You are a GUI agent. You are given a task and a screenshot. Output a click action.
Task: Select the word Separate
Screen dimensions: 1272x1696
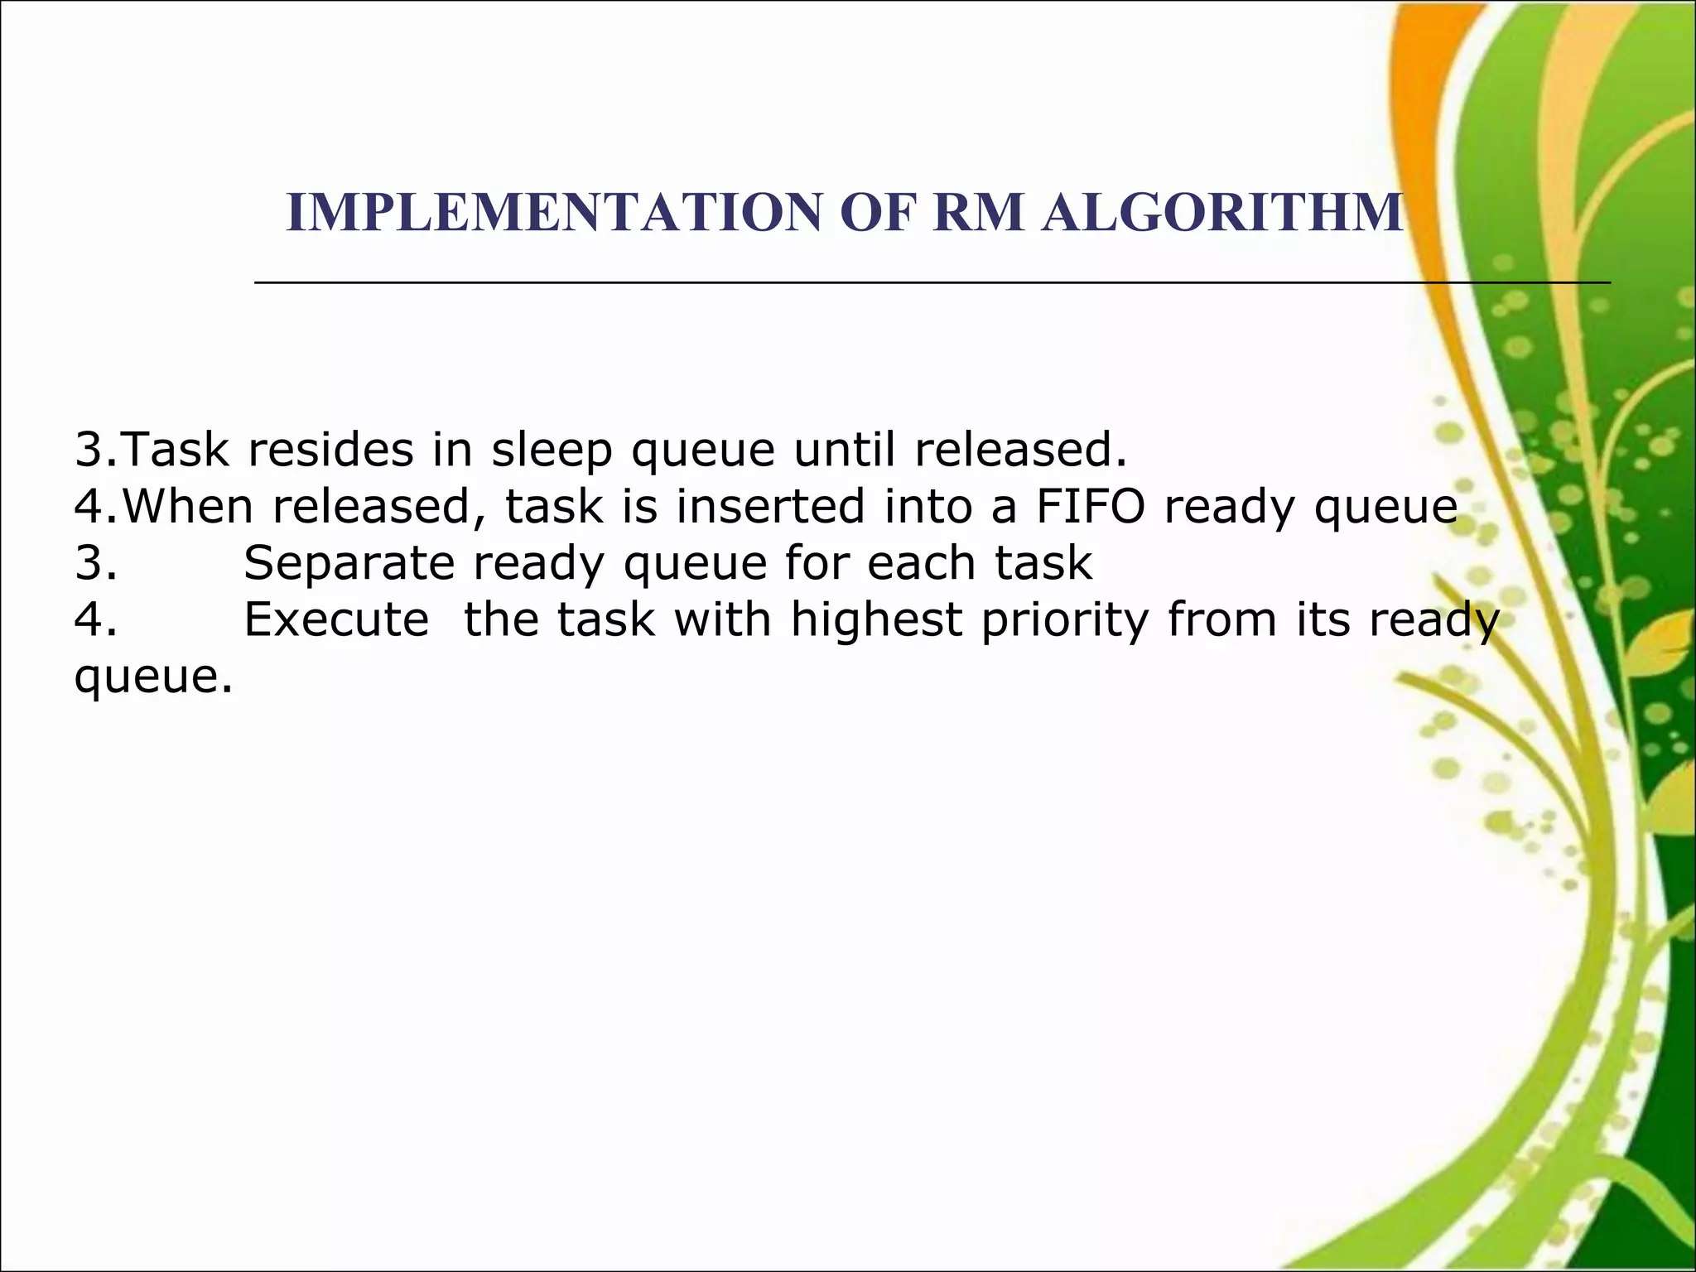(349, 564)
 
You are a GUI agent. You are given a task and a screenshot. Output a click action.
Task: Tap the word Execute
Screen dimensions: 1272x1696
(336, 619)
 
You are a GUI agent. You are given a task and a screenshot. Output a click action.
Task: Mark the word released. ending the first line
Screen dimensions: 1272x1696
(1020, 450)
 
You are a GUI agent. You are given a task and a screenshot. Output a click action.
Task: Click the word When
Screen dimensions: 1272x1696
(188, 507)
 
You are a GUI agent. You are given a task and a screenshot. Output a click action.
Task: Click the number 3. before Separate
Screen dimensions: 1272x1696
(95, 564)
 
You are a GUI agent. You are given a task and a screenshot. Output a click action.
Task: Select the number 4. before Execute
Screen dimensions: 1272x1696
(95, 619)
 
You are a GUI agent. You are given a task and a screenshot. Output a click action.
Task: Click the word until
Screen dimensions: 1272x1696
(845, 450)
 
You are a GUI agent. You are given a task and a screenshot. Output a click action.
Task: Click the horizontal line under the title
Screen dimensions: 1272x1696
(932, 282)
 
